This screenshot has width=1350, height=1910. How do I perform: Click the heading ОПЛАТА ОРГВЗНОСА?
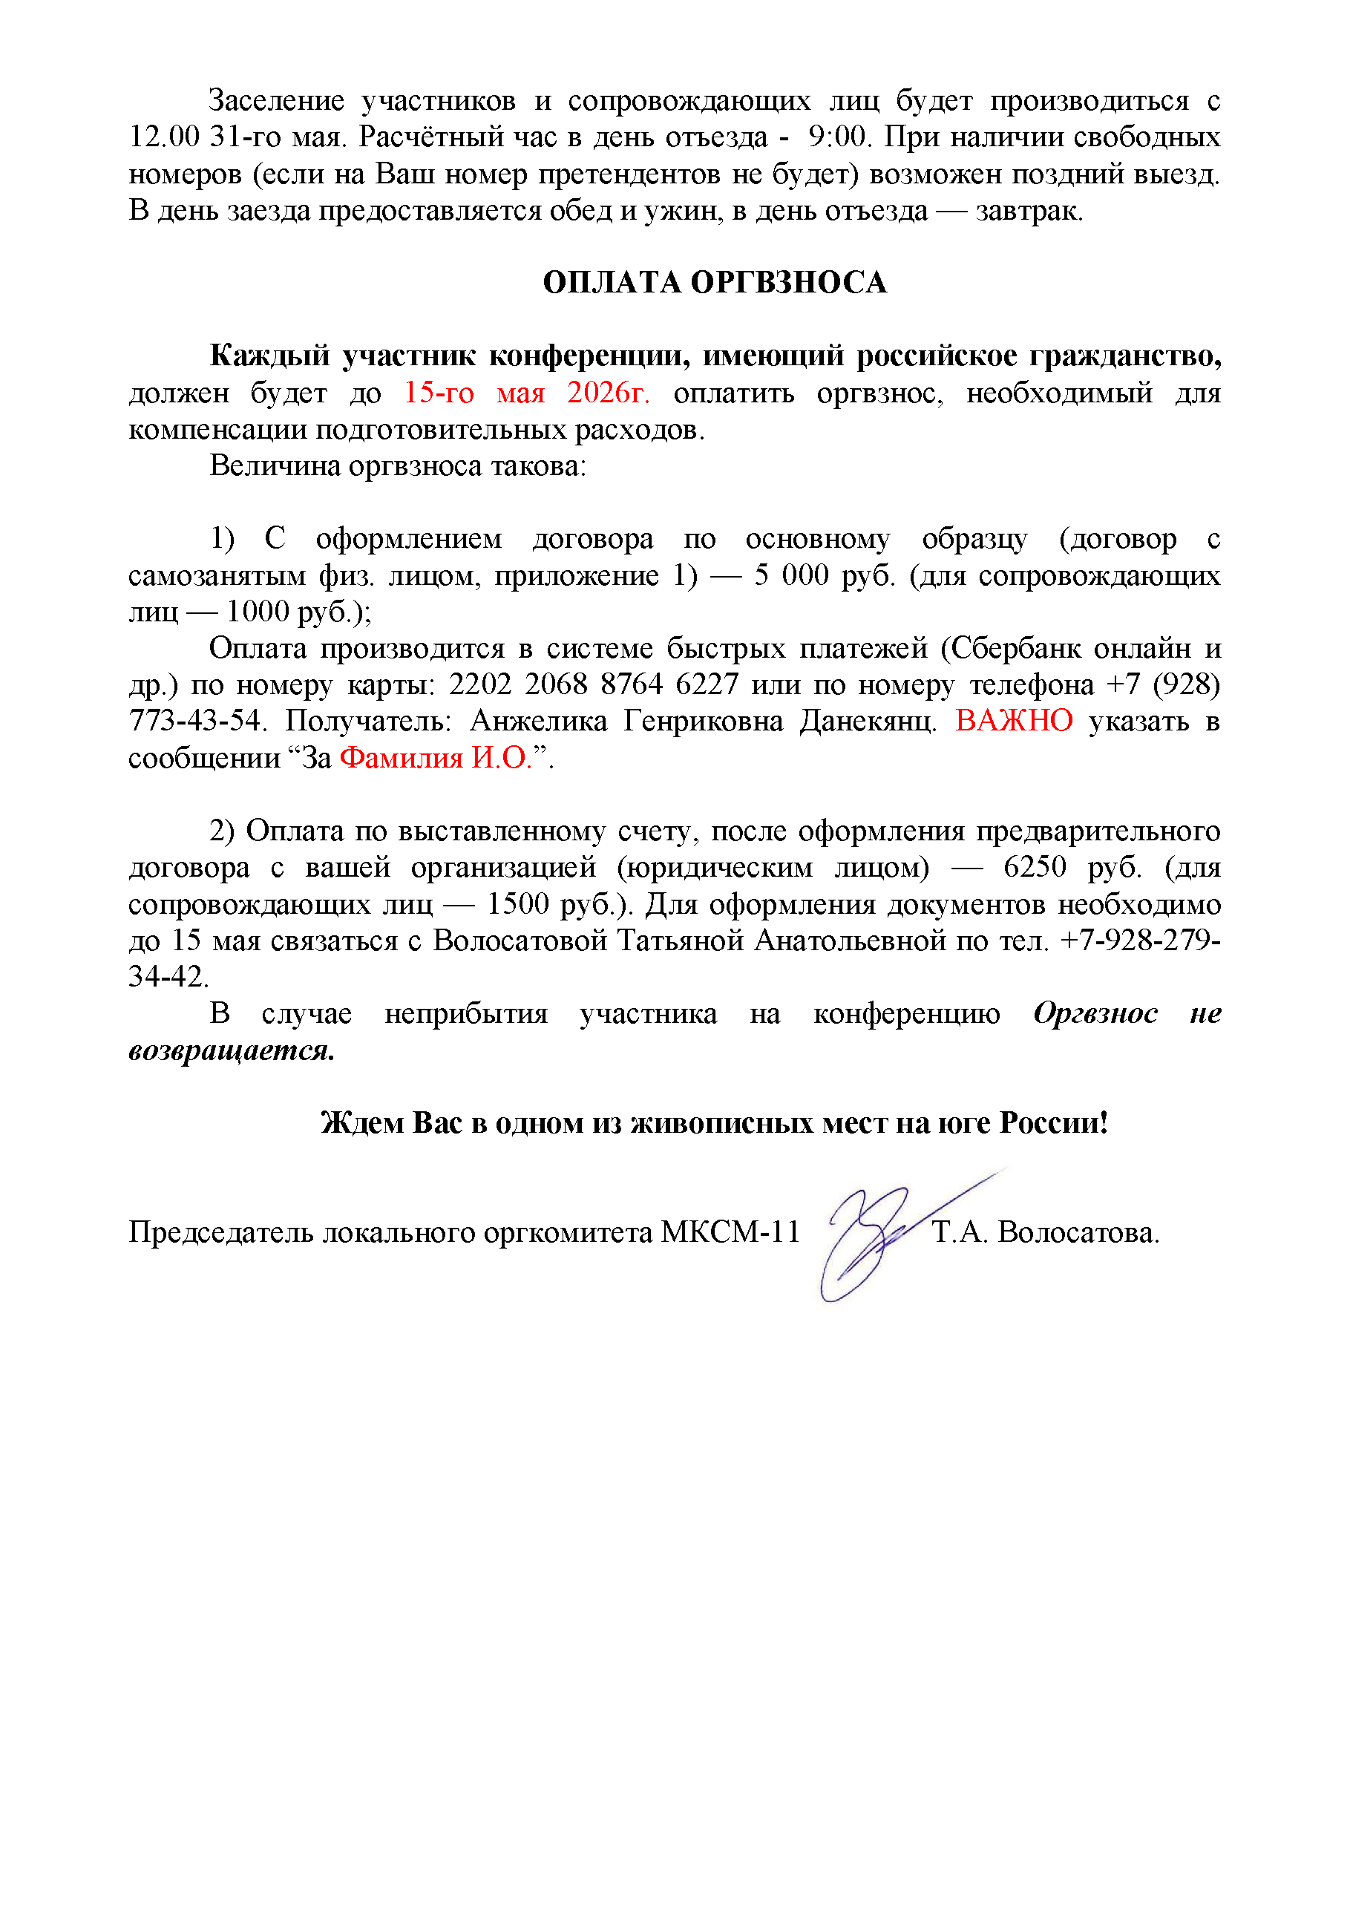pyautogui.click(x=715, y=283)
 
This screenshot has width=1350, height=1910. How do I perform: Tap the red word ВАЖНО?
pyautogui.click(x=1013, y=720)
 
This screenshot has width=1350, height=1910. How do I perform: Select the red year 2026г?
pyautogui.click(x=608, y=393)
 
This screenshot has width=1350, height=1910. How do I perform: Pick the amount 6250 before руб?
pyautogui.click(x=1035, y=867)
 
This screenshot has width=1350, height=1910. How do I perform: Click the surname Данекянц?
pyautogui.click(x=868, y=720)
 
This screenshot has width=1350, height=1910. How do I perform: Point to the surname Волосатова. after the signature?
pyautogui.click(x=1078, y=1232)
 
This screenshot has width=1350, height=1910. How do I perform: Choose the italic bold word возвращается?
pyautogui.click(x=232, y=1050)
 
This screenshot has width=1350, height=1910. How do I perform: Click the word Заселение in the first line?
pyautogui.click(x=276, y=101)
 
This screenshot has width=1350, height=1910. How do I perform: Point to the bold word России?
pyautogui.click(x=1054, y=1122)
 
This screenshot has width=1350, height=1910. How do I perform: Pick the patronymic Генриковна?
pyautogui.click(x=704, y=720)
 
